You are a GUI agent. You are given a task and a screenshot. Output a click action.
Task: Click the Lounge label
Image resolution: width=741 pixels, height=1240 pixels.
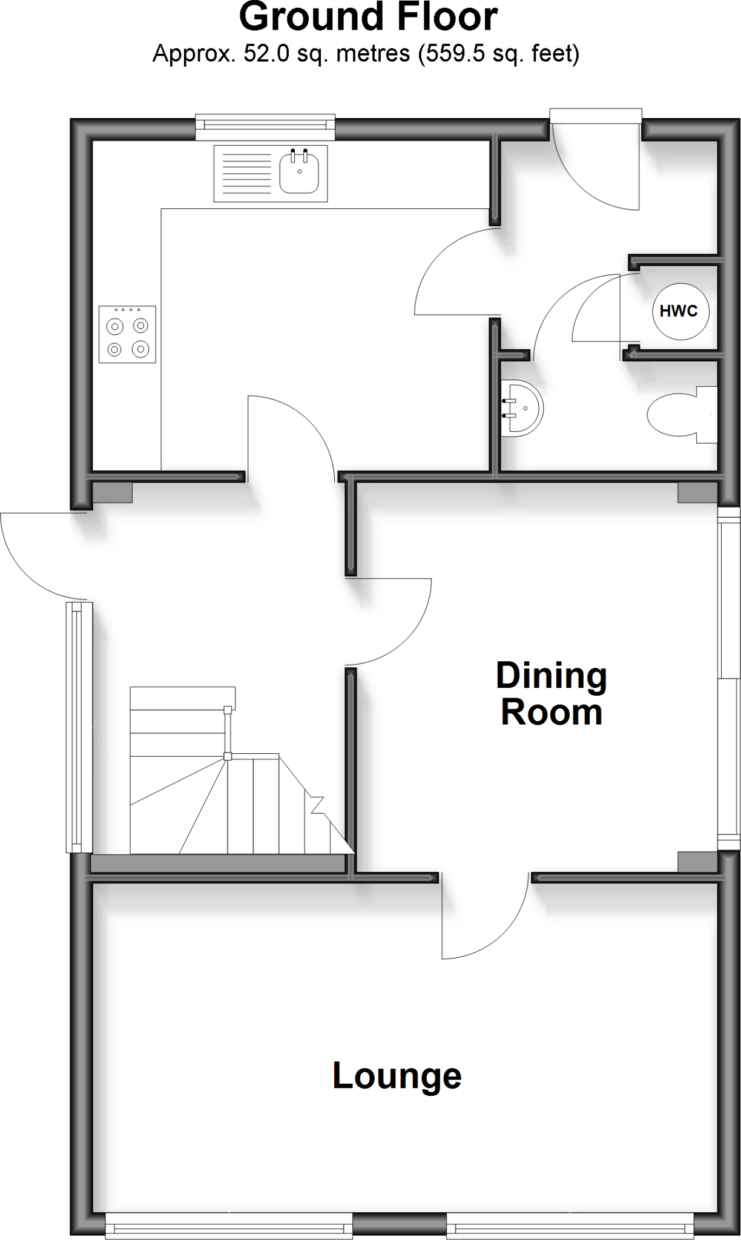[397, 1076]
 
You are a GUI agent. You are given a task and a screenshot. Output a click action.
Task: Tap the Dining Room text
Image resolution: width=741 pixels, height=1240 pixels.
[551, 694]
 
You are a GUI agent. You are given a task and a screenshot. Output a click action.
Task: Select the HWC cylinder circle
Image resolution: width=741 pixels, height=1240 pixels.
[679, 311]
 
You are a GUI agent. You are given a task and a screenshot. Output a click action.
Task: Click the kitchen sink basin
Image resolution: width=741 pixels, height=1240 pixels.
[299, 172]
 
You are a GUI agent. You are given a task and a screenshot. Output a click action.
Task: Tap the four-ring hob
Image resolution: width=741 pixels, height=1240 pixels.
[127, 334]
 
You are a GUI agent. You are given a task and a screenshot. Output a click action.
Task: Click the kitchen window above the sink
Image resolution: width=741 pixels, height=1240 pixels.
[265, 124]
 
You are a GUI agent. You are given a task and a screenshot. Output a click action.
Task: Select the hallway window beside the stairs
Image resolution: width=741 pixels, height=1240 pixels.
[79, 727]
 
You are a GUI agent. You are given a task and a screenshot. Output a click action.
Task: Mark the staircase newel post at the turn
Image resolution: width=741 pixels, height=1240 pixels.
[228, 756]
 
